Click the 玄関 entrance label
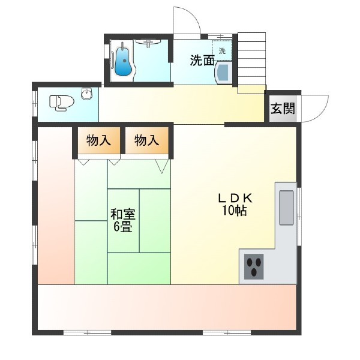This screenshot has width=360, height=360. (283, 108)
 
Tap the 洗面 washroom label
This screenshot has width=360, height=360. (202, 61)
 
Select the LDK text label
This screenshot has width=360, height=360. (235, 198)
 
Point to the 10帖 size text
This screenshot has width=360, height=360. (234, 210)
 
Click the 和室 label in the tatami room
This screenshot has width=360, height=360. (123, 214)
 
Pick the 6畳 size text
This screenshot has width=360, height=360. (123, 227)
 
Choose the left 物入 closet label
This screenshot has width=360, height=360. (99, 140)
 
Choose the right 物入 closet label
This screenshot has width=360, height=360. (147, 140)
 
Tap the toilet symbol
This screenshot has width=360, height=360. (62, 103)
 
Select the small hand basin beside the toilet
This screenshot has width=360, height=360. (87, 94)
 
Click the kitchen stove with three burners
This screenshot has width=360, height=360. (254, 266)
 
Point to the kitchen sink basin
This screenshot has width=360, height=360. (286, 208)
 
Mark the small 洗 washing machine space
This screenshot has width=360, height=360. (222, 50)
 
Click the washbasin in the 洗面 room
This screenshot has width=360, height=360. (223, 73)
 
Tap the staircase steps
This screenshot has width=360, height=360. (252, 63)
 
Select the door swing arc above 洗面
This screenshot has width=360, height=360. (193, 16)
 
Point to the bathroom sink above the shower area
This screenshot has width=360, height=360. (148, 42)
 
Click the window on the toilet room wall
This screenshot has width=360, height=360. (35, 104)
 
